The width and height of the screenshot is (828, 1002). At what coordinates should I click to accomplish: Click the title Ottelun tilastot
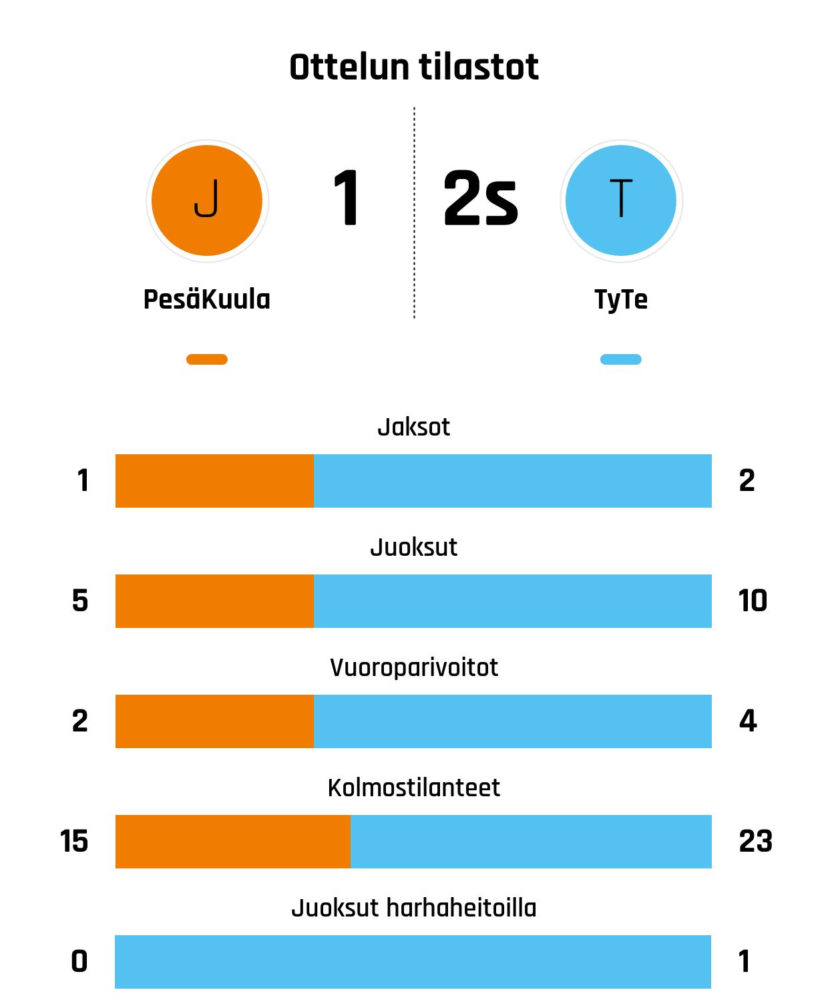click(x=414, y=67)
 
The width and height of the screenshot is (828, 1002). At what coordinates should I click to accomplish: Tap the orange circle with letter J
click(x=207, y=200)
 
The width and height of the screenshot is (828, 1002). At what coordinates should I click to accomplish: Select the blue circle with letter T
click(x=621, y=200)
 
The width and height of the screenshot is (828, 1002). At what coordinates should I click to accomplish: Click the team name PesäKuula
click(x=207, y=299)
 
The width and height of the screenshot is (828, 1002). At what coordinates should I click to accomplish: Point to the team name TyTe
click(x=621, y=300)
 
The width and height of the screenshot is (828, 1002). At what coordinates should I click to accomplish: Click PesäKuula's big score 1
click(x=346, y=198)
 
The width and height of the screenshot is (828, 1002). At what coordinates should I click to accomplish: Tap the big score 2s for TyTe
click(x=480, y=198)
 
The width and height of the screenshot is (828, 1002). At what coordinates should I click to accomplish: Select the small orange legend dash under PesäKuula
click(x=207, y=359)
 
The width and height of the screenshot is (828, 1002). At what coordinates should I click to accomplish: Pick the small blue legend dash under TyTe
click(x=621, y=359)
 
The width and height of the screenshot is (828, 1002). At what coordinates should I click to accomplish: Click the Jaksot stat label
click(x=414, y=427)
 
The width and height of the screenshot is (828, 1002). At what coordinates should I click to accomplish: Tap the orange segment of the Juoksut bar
click(x=214, y=601)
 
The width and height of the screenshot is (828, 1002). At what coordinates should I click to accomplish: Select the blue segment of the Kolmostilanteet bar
click(x=531, y=842)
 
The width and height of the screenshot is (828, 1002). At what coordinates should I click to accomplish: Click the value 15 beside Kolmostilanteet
click(x=74, y=841)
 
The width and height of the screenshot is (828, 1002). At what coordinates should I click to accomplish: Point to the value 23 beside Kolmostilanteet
click(x=755, y=841)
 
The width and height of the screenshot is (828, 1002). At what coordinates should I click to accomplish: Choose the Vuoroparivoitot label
click(x=414, y=667)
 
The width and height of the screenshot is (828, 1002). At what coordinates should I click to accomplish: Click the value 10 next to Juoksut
click(x=753, y=601)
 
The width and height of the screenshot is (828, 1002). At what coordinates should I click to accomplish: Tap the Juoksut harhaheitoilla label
click(x=414, y=908)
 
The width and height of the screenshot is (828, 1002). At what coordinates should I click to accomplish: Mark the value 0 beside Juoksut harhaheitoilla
click(x=79, y=961)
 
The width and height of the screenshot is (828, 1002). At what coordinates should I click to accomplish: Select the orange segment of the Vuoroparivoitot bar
click(x=214, y=721)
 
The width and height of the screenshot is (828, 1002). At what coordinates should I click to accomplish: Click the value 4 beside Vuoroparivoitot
click(x=748, y=721)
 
